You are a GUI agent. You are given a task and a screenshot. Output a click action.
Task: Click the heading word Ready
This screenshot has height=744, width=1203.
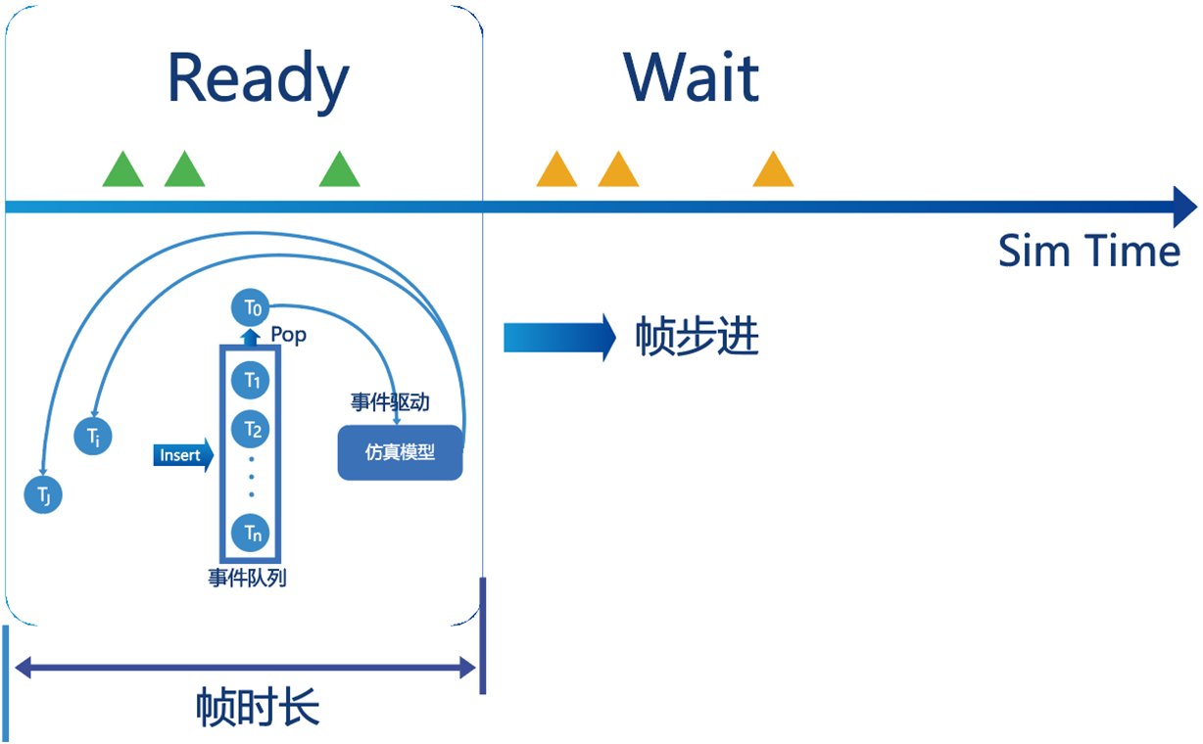258,79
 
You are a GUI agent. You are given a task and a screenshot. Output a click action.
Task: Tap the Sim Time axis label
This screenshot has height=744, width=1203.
1088,252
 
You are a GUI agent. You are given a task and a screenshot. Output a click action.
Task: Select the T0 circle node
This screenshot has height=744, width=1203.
251,308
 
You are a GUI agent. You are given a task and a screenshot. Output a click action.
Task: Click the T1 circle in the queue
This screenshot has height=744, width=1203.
251,380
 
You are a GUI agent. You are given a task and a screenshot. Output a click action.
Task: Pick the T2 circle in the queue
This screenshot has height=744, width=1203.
251,428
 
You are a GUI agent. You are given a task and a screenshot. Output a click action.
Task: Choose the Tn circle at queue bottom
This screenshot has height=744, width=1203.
251,533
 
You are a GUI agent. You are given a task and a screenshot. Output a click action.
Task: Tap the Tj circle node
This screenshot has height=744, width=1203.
43,494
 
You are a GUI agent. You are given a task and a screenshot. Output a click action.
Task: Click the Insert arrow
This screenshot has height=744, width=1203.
183,455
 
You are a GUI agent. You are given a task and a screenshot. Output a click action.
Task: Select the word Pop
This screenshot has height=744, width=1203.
288,336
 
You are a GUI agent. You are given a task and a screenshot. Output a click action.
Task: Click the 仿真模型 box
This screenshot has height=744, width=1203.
400,453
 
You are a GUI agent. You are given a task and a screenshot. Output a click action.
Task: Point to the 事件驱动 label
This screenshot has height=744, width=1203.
391,402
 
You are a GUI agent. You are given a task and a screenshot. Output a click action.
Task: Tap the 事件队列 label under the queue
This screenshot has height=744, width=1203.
247,578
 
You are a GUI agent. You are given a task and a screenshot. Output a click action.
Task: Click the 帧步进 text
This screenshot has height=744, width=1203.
697,338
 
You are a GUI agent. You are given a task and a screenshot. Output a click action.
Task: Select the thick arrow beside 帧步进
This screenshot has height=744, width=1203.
558,338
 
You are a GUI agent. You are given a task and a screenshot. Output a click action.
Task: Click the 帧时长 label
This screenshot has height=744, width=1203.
257,706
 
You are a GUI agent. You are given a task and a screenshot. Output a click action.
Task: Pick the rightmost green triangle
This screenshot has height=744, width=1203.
340,171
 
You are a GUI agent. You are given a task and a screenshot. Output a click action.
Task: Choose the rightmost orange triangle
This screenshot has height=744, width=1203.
773,171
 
